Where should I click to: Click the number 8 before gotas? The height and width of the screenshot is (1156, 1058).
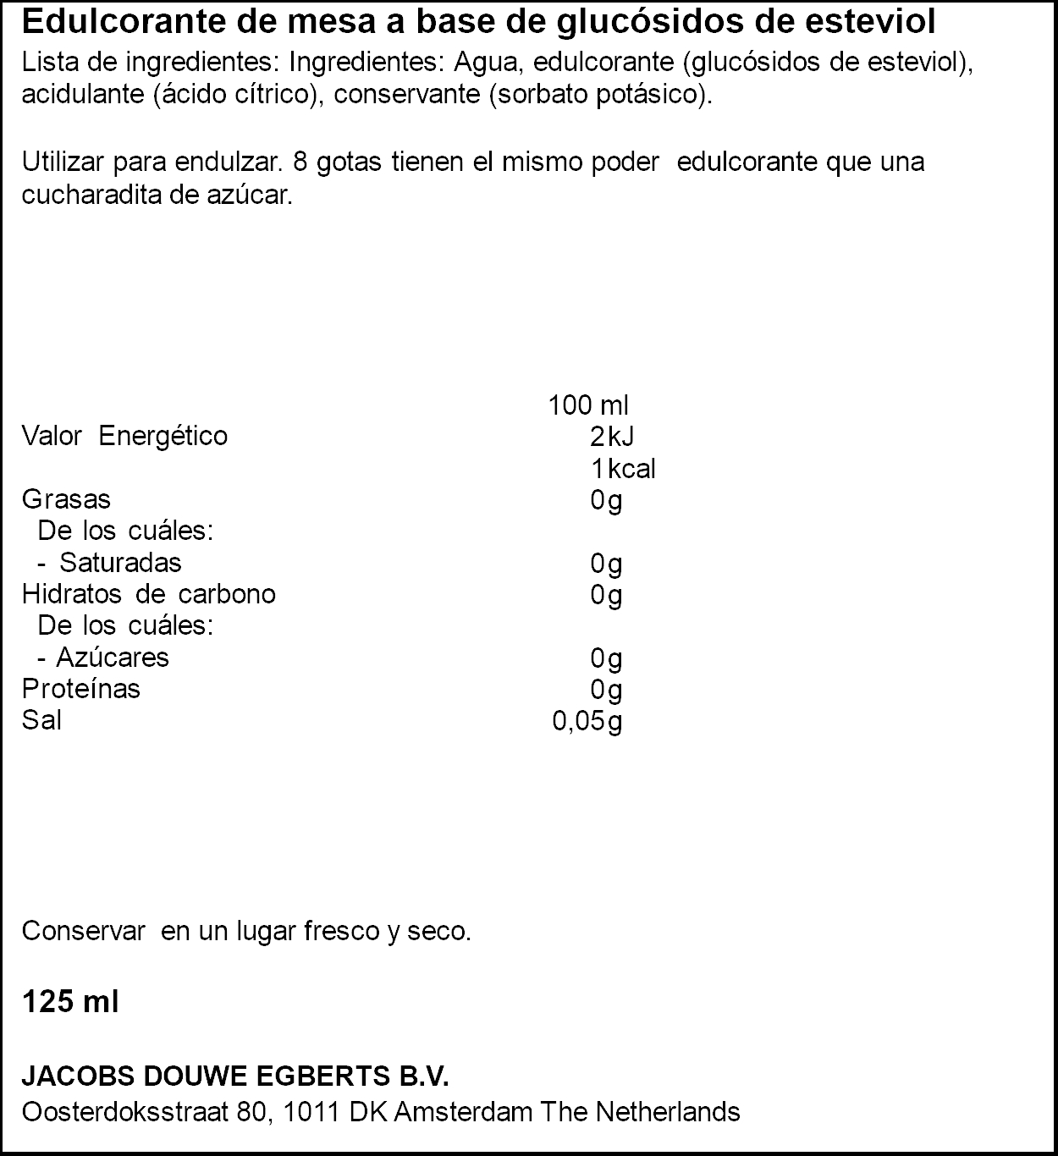[300, 162]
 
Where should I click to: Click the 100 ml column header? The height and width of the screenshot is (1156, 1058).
[588, 405]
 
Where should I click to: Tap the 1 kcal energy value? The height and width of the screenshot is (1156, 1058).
[623, 469]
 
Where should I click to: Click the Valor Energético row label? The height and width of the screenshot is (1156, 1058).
[124, 437]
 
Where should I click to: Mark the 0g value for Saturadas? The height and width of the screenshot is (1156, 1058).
[606, 564]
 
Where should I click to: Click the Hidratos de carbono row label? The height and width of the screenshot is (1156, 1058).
[148, 594]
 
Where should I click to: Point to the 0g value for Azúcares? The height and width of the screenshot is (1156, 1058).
[606, 658]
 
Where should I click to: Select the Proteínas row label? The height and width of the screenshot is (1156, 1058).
[80, 689]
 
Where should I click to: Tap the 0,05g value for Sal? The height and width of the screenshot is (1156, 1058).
[587, 721]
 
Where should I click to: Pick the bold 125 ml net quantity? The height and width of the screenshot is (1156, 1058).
[70, 1002]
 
